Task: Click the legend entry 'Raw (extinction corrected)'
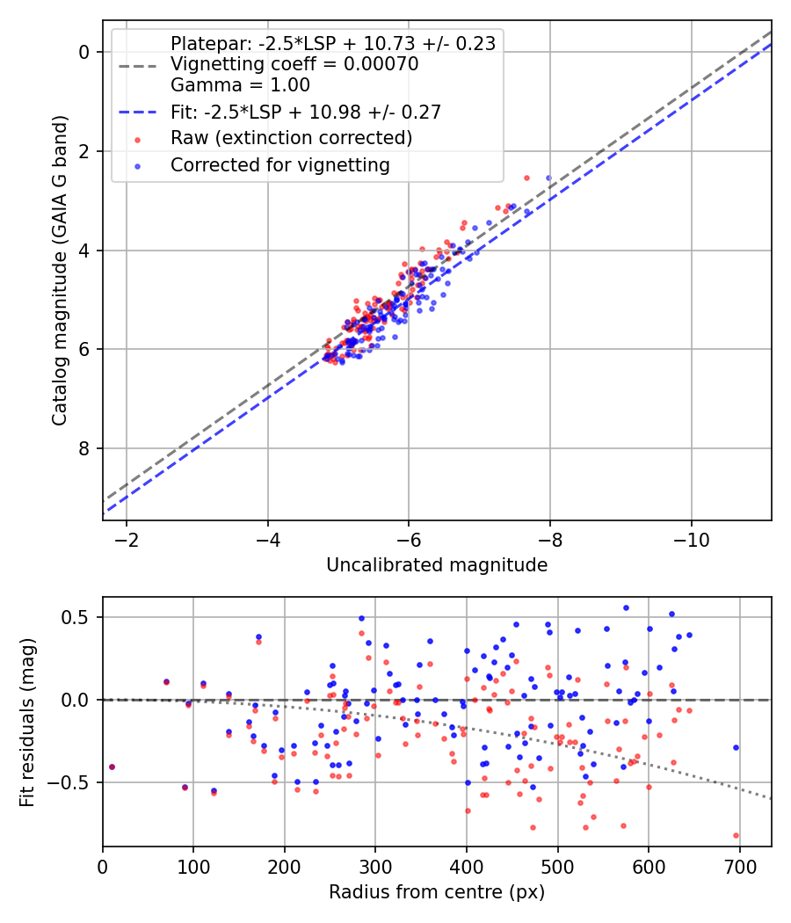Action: click(x=291, y=138)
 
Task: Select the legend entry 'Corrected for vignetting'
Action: click(x=279, y=164)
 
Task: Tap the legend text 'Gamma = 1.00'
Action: click(x=240, y=85)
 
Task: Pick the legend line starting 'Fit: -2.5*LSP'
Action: click(x=305, y=112)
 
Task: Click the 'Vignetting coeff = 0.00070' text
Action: click(x=294, y=64)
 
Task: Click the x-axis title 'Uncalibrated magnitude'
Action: click(x=437, y=565)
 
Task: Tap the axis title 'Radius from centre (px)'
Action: click(x=437, y=892)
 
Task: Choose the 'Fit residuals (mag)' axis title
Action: click(x=27, y=723)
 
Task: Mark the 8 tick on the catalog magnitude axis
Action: click(x=83, y=448)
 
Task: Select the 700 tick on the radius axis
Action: click(x=739, y=865)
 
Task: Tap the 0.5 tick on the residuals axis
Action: click(x=80, y=617)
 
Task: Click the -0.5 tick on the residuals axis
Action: click(x=76, y=782)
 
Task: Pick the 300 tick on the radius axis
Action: click(x=375, y=865)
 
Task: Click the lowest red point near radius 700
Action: click(x=736, y=835)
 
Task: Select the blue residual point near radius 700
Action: click(x=736, y=747)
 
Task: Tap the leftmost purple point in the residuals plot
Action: click(x=112, y=767)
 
